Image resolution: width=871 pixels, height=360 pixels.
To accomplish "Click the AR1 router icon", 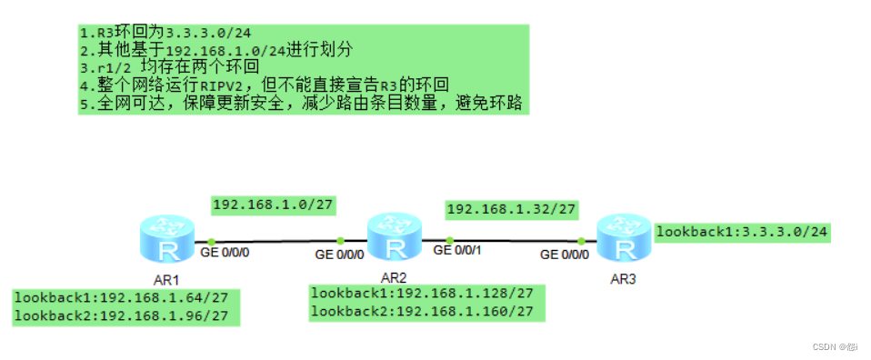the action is click(168, 239).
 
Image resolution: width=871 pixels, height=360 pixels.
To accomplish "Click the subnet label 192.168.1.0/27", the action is click(273, 205).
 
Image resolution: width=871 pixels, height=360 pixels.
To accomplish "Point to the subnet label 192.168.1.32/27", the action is click(511, 210).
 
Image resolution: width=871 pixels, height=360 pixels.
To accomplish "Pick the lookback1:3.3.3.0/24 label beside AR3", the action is click(742, 232).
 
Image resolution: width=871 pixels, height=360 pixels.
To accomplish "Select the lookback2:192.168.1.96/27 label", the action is click(126, 316).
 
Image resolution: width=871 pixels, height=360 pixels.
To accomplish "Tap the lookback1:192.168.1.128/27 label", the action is click(427, 294).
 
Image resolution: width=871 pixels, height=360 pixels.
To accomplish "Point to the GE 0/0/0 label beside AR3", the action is click(565, 255).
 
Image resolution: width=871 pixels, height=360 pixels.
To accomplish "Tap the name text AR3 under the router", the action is click(623, 277).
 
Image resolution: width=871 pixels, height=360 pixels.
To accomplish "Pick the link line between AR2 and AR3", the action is click(514, 240).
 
